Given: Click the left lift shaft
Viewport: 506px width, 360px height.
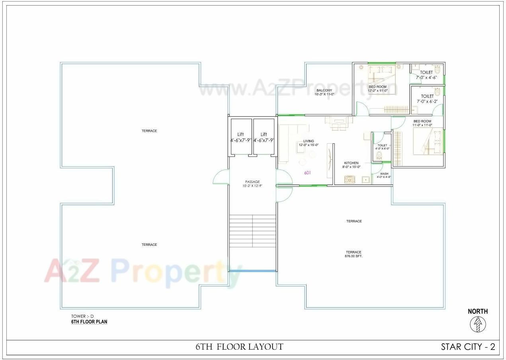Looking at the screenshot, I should (x=241, y=136).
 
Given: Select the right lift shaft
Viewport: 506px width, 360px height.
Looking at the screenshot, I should (x=264, y=136).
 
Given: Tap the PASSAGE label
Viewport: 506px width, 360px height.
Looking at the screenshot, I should (x=252, y=182).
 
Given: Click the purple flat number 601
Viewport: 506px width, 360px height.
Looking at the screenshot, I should (x=307, y=173).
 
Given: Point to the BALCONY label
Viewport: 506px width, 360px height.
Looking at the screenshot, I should (x=324, y=90).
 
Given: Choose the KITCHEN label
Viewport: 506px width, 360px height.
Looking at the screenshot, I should (x=352, y=163).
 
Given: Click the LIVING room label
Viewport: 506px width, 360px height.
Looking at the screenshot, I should (x=309, y=141).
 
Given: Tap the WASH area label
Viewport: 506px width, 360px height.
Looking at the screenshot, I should (x=384, y=174).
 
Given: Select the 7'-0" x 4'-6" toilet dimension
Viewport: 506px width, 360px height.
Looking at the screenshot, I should (x=426, y=78).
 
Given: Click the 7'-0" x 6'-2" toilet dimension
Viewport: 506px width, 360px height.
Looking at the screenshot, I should (x=427, y=101).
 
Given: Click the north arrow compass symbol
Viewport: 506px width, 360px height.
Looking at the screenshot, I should (x=477, y=325).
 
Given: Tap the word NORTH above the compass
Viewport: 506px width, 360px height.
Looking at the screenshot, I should (x=478, y=311).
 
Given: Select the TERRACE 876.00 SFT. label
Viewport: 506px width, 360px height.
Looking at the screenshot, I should (x=354, y=254).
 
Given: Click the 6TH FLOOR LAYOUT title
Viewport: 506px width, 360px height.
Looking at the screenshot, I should (x=239, y=347).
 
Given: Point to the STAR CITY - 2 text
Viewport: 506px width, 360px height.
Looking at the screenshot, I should (x=468, y=347).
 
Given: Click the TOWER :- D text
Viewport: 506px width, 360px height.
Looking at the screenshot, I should (x=82, y=316).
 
